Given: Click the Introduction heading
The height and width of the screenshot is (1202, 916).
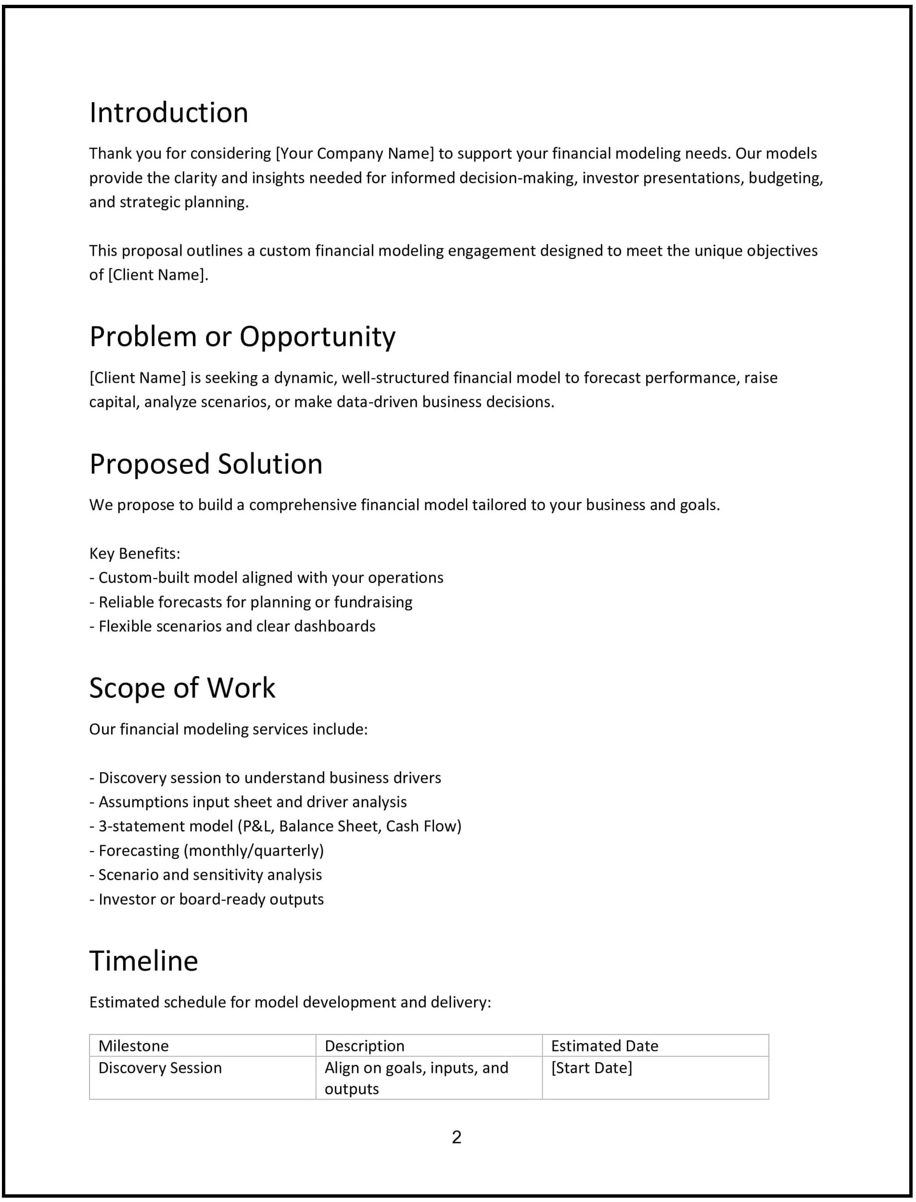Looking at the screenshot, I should tap(168, 113).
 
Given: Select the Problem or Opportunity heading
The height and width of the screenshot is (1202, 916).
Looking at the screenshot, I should tap(242, 337).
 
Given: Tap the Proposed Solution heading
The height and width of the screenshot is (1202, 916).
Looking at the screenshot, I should tap(205, 464).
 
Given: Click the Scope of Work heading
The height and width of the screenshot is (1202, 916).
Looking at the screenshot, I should tap(182, 688).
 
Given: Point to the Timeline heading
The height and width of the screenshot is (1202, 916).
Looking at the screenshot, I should tap(143, 961).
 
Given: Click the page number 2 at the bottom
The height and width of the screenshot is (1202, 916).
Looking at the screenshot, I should tap(457, 1137).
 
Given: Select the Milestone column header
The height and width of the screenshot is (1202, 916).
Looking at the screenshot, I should tap(133, 1046).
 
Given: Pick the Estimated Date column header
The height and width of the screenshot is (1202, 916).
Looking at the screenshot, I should tap(604, 1046).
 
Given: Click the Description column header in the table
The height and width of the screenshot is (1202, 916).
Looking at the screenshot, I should tap(364, 1046).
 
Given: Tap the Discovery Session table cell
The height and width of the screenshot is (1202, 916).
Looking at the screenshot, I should tap(160, 1067).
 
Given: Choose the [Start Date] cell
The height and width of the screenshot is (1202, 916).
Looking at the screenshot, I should tap(591, 1067).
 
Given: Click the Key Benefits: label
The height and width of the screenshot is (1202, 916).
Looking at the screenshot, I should tap(135, 553).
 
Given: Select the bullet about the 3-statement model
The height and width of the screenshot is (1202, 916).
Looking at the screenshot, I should tap(275, 826).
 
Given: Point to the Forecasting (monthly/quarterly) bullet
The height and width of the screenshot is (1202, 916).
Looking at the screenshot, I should tap(207, 851).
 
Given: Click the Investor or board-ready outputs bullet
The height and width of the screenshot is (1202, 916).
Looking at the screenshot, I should tap(207, 899).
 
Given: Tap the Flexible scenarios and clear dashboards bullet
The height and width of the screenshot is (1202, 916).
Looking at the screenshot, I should tap(232, 626).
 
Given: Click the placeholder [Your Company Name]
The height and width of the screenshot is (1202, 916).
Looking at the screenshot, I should tap(355, 154).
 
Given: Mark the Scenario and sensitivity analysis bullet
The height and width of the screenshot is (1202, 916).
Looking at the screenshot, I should tap(205, 875).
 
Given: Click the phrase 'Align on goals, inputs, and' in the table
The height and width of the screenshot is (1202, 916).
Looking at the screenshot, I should tap(416, 1067).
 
